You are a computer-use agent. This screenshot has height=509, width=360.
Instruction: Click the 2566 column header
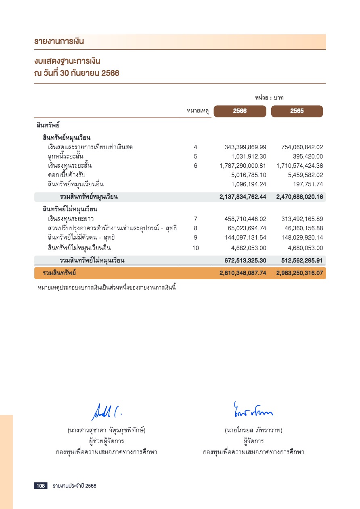click(x=240, y=111)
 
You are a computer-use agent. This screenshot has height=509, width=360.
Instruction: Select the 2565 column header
click(x=297, y=111)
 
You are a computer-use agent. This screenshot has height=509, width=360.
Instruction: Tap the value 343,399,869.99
click(x=245, y=147)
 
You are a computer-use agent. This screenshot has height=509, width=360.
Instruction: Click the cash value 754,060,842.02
click(x=302, y=147)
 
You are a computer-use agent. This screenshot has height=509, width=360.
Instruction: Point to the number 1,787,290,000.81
click(x=243, y=166)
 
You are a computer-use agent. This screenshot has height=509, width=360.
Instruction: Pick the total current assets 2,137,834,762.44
click(x=243, y=197)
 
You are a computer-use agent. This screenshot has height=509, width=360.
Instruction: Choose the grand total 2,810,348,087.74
click(x=243, y=273)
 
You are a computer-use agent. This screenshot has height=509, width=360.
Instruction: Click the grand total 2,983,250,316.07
click(x=300, y=273)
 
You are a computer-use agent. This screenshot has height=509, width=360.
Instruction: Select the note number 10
click(x=195, y=248)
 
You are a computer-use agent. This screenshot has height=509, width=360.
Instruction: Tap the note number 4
click(x=195, y=147)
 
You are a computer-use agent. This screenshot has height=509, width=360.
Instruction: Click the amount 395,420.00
click(x=308, y=156)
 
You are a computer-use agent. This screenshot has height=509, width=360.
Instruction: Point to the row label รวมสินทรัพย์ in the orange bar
click(x=60, y=273)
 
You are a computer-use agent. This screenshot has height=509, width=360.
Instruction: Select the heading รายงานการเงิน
click(x=59, y=42)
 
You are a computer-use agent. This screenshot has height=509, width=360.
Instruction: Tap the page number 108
click(x=41, y=486)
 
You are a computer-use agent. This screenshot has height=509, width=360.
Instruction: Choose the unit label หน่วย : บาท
click(x=270, y=98)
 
